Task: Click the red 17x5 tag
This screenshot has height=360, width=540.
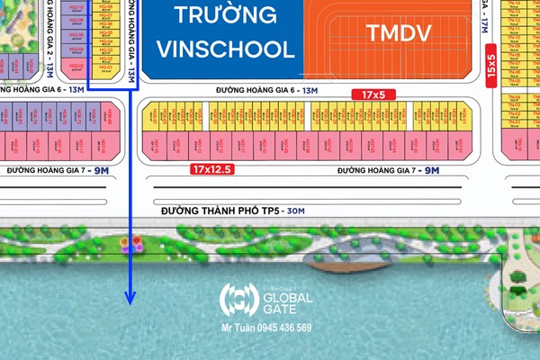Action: click(373, 94)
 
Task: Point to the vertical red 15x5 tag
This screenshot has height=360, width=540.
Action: click(491, 67)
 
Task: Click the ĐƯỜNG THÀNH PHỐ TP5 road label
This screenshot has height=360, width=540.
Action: click(220, 210)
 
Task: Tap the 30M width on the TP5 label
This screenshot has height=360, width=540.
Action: click(293, 210)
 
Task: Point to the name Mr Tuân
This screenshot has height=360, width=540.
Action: click(237, 328)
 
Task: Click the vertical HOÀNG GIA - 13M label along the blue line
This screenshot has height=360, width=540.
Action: click(131, 40)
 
